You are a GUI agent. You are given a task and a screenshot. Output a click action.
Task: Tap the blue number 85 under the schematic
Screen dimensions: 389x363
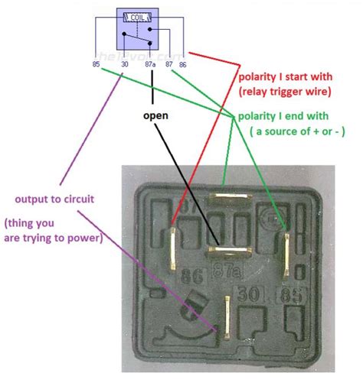pyautogui.click(x=95, y=65)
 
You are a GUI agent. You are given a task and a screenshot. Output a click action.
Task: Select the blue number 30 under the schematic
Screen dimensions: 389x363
pyautogui.click(x=124, y=66)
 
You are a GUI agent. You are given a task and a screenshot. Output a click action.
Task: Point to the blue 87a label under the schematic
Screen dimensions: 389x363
pyautogui.click(x=152, y=66)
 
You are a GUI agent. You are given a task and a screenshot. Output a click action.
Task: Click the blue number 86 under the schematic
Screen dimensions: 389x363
pyautogui.click(x=183, y=66)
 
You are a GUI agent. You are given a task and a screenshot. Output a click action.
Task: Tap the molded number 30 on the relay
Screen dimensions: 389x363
pyautogui.click(x=250, y=292)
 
